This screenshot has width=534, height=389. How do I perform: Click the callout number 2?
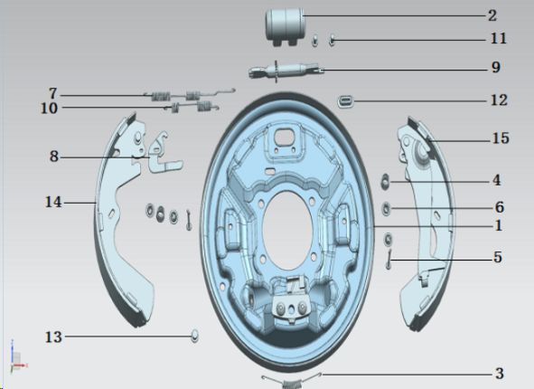(492, 15)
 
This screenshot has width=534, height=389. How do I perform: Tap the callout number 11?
(498, 38)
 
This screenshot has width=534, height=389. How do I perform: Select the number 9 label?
(496, 67)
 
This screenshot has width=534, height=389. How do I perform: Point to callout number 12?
(499, 100)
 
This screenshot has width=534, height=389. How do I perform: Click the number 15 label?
(501, 138)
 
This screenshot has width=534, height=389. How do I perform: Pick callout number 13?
(54, 337)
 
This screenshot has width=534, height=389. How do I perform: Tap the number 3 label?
(500, 374)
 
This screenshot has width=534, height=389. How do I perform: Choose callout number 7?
(53, 93)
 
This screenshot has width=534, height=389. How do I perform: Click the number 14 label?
(53, 202)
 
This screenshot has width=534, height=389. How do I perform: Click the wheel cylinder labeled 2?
(285, 26)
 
